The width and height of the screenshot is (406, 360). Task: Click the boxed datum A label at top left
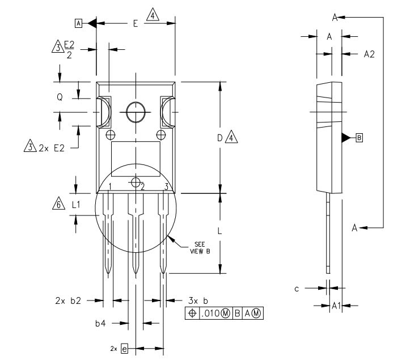pyautogui.click(x=78, y=23)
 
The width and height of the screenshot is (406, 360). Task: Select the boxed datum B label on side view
pyautogui.click(x=358, y=138)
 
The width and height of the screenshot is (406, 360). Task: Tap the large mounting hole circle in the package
pyautogui.click(x=136, y=112)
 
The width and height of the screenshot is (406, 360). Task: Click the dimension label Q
pyautogui.click(x=60, y=97)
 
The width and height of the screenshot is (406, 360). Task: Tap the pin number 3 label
pyautogui.click(x=166, y=187)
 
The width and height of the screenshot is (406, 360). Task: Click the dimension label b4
pyautogui.click(x=100, y=323)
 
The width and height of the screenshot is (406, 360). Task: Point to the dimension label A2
pyautogui.click(x=369, y=54)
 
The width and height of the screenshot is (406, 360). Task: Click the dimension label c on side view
pyautogui.click(x=297, y=289)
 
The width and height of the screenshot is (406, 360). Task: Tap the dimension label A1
pyautogui.click(x=336, y=305)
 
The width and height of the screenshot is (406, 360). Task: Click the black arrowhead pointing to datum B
pyautogui.click(x=346, y=138)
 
